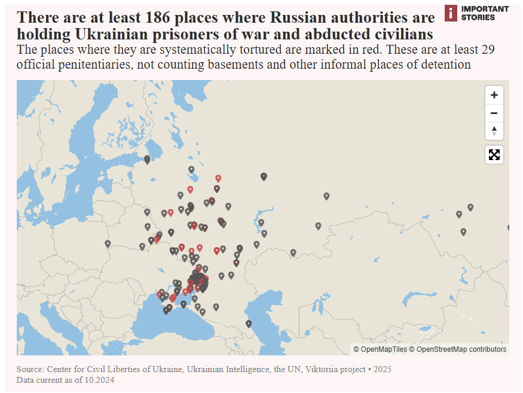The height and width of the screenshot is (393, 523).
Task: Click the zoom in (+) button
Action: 494,95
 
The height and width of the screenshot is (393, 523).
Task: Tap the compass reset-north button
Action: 494,131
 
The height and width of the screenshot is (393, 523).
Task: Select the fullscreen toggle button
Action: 494,155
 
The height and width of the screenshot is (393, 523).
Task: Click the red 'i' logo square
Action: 451,13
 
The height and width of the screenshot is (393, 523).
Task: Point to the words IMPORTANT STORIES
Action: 485,13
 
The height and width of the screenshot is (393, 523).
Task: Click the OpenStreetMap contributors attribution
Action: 461,349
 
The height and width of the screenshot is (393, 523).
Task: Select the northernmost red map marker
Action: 218,178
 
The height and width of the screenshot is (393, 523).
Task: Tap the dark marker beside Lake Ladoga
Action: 147,159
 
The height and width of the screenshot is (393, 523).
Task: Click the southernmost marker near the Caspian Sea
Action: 249,324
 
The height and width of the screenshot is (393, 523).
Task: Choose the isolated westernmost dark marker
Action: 108,243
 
